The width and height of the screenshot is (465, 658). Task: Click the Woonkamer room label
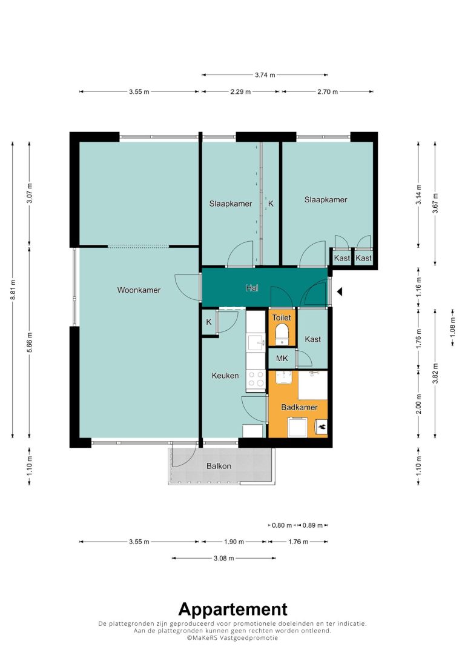click(x=139, y=290)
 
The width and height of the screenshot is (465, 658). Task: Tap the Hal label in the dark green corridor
click(x=252, y=288)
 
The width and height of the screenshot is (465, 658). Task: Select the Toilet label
click(x=282, y=317)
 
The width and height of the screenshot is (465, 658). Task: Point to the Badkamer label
click(x=299, y=407)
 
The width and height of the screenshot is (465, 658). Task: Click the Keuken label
click(x=225, y=376)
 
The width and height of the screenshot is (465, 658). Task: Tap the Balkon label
click(x=219, y=466)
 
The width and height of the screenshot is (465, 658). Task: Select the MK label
click(x=282, y=358)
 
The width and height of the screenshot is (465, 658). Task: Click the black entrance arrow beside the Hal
click(x=340, y=291)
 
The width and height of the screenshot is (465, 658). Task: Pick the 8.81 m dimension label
click(x=13, y=290)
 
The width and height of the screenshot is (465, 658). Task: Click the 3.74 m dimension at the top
click(x=265, y=75)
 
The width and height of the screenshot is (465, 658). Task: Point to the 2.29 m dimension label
click(x=240, y=91)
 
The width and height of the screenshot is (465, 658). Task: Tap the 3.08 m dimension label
click(x=224, y=558)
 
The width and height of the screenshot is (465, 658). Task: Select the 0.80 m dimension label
click(x=282, y=525)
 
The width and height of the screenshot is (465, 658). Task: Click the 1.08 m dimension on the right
click(x=452, y=327)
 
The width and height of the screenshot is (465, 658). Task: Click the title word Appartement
click(x=233, y=610)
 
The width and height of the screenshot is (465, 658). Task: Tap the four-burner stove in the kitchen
click(x=256, y=379)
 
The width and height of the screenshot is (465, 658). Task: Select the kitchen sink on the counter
click(x=256, y=342)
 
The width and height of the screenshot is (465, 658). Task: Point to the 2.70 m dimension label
click(x=328, y=91)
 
